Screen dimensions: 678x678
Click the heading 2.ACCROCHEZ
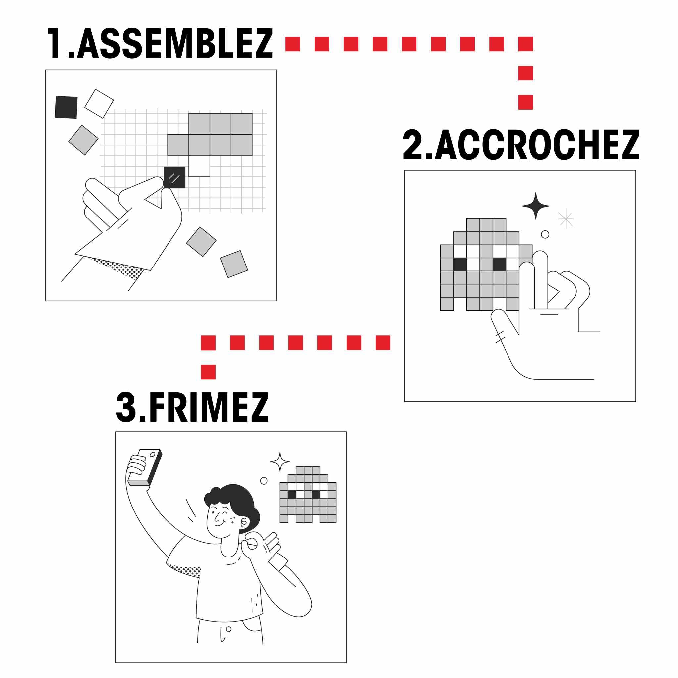coord(521,145)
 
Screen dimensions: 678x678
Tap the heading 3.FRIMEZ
coord(192,407)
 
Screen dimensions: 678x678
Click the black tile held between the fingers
coord(174,177)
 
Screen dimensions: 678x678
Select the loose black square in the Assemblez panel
coord(66,107)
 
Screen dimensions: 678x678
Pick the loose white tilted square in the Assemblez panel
coord(99,104)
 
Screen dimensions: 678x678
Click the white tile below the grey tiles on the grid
coord(199,166)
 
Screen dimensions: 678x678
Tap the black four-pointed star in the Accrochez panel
coord(536,206)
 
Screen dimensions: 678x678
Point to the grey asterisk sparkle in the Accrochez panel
coord(566,218)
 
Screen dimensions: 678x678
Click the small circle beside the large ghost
coord(545,234)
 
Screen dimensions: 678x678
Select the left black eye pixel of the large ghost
coord(460,265)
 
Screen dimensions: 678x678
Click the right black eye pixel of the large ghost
coord(499,265)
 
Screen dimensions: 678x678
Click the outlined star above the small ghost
coord(280,462)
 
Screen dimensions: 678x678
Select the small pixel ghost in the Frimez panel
coord(308,495)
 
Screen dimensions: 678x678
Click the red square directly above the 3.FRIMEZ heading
coord(208,372)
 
